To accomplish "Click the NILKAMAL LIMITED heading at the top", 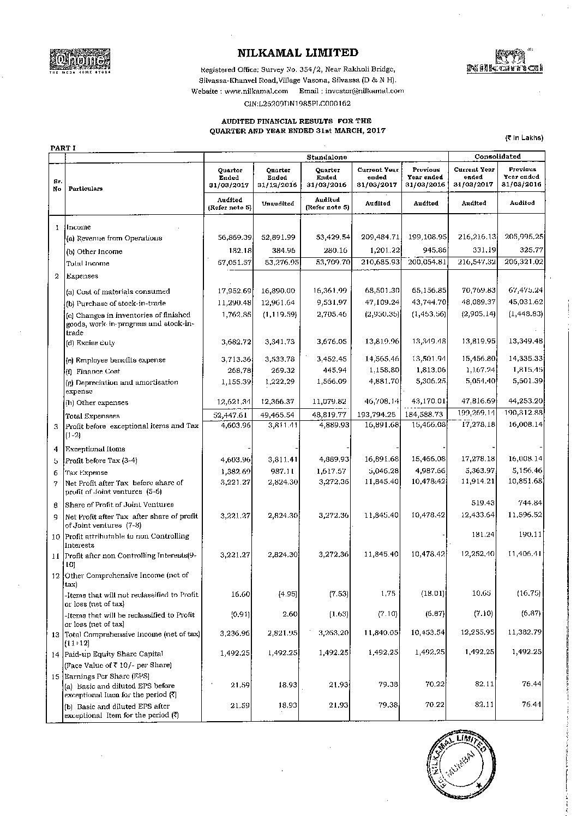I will pos(298,53).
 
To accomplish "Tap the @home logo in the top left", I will pos(80,61).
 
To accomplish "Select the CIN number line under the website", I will pos(297,102).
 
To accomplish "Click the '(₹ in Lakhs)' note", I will pos(524,138).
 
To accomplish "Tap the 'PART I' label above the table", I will pos(63,148).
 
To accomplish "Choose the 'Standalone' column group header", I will pos(326,157).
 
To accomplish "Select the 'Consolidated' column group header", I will pos(497,156).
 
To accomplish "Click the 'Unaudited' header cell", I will pos(278,204).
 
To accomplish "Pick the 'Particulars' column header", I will pos(85,189).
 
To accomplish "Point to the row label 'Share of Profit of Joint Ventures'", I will pos(119,505).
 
